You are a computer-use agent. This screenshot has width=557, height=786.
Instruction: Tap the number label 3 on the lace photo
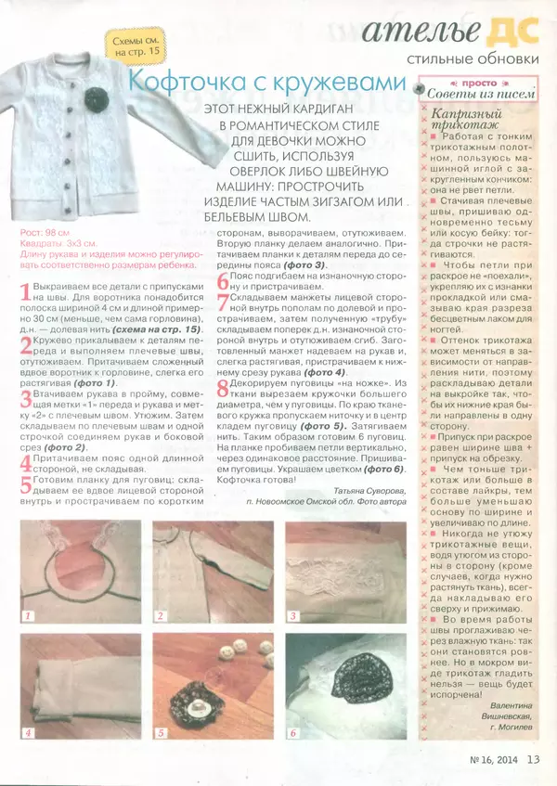coord(292,615)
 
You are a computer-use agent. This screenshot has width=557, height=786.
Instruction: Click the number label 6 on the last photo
coord(292,732)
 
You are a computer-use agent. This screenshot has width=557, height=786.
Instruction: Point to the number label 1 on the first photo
coord(29,615)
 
